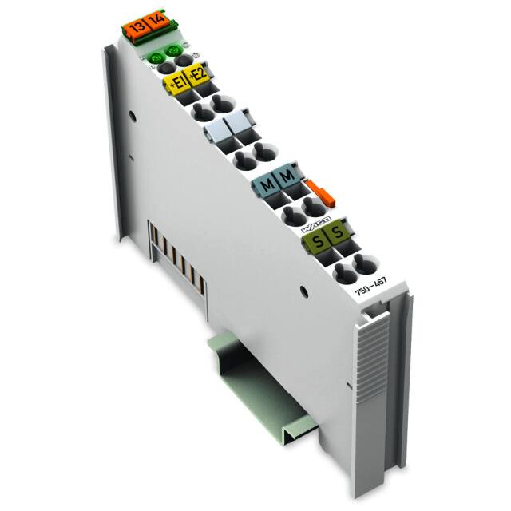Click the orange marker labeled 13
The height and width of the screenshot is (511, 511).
[137, 29]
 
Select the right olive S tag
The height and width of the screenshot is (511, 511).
[337, 232]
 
